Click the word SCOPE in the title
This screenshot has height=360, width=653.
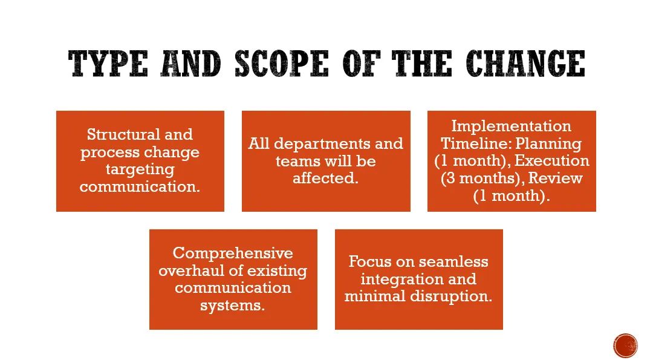[x=282, y=64]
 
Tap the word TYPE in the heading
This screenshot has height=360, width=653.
[x=108, y=64]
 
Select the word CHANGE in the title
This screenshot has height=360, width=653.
[x=525, y=64]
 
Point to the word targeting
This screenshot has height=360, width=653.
[x=140, y=169]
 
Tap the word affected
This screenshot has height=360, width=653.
[x=325, y=178]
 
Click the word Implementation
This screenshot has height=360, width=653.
[x=512, y=126]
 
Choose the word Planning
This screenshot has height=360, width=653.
[x=548, y=144]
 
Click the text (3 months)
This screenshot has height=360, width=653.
[x=482, y=178]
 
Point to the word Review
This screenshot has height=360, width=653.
[x=556, y=178]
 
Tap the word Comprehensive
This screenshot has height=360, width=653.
[x=233, y=254]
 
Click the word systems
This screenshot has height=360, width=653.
[x=232, y=306]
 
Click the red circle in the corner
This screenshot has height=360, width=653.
[x=625, y=346]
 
